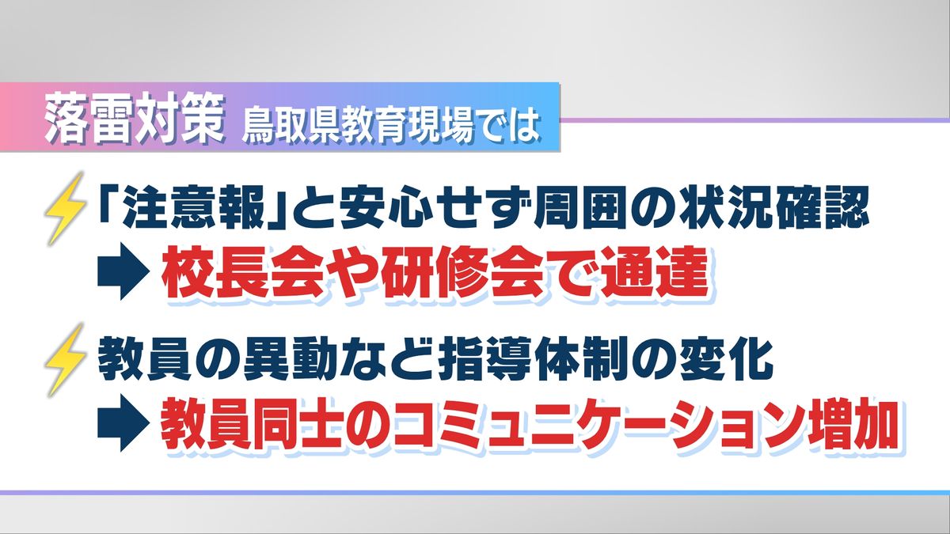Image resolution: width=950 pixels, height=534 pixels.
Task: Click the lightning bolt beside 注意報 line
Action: tap(65, 210)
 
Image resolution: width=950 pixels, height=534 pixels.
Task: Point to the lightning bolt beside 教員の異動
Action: tap(65, 360)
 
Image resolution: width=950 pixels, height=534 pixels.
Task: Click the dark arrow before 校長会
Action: tap(123, 271)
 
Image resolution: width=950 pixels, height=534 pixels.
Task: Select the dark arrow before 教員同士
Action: tap(123, 422)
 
